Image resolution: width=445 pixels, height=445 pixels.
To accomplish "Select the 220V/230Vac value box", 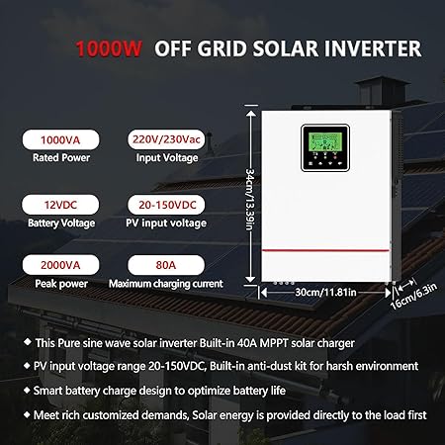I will tap(164, 140).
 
